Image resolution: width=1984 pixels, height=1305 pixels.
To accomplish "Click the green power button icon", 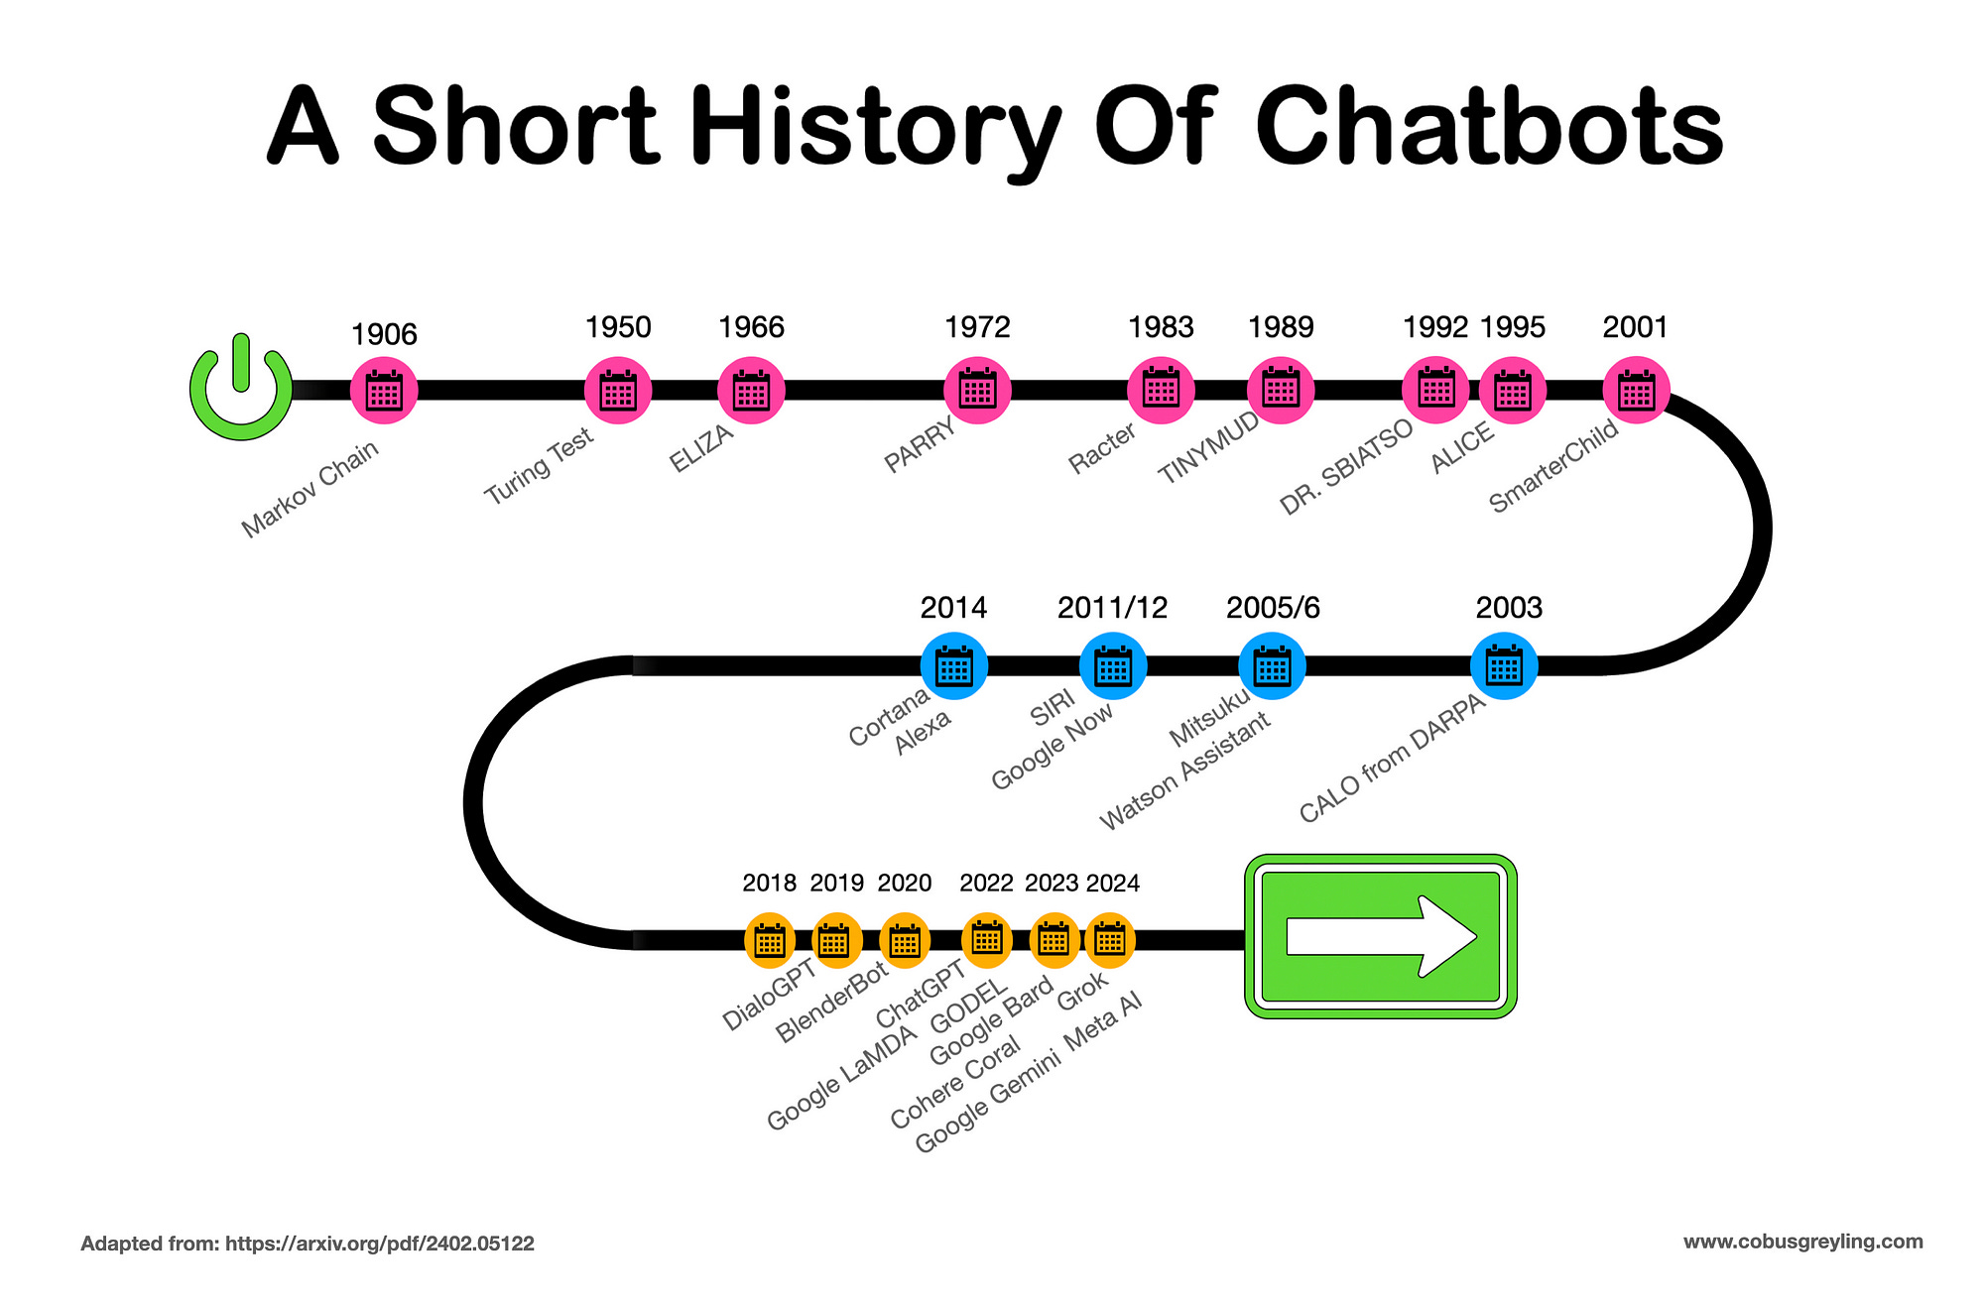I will coord(241,389).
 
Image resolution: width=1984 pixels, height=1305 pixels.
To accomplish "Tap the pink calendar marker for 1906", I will coord(384,391).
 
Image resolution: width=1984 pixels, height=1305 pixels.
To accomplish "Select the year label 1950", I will coord(618,327).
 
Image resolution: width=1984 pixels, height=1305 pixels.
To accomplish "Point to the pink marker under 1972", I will coord(977,391).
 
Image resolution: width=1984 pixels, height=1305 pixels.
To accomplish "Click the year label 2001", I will coord(1635,327).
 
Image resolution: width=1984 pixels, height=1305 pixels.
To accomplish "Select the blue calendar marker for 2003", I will coord(1504,665).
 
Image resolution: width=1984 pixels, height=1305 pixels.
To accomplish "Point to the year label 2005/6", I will coord(1273,608).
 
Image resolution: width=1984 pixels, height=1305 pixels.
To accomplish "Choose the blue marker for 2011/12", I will coord(1112,666).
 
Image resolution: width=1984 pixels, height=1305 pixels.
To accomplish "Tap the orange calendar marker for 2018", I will coord(770,940).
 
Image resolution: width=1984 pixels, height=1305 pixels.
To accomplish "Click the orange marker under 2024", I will coord(1110,939).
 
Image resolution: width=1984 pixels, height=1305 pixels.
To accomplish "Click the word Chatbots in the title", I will coord(1489,127).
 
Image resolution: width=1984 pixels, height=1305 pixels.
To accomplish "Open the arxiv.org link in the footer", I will coord(380,1244).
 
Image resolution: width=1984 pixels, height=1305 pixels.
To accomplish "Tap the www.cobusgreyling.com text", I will coord(1802,1242).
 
